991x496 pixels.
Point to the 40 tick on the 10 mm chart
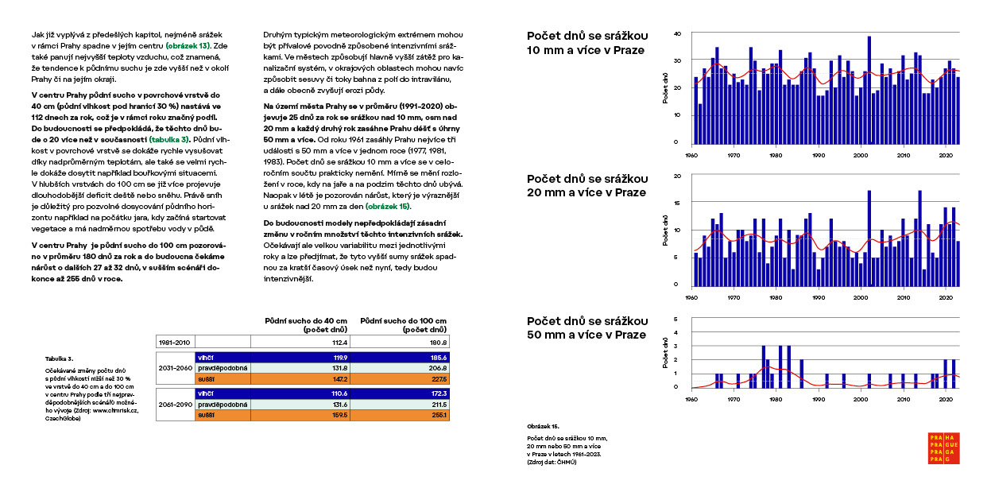(676, 33)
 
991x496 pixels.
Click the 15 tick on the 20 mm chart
(676, 203)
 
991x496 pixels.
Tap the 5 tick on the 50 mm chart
(676, 320)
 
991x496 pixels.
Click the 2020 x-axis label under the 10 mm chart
(946, 153)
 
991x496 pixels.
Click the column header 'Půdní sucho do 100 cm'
(405, 324)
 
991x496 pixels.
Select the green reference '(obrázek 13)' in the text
(189, 46)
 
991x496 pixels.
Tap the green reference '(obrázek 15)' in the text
(388, 206)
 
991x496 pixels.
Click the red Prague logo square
(944, 448)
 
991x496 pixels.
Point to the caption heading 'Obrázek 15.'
(544, 426)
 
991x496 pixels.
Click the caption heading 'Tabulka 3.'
(60, 358)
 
